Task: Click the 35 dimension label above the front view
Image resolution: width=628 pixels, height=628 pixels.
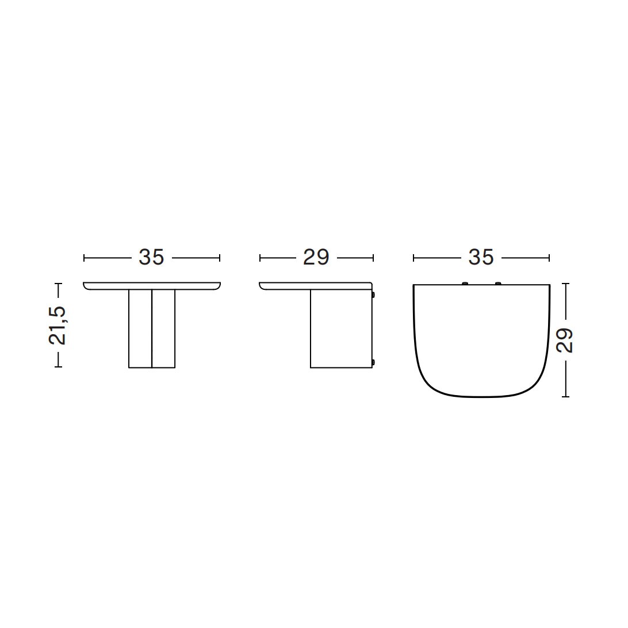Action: point(151,258)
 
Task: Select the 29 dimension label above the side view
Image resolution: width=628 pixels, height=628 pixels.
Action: point(316,258)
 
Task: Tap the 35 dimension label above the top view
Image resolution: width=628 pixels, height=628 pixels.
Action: point(481,258)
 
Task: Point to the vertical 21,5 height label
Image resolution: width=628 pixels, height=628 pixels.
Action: point(58,325)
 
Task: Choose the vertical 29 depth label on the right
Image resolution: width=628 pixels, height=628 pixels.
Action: point(565,340)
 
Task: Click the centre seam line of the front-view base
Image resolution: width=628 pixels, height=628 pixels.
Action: point(152,328)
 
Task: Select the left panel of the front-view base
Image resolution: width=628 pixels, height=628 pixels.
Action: point(140,328)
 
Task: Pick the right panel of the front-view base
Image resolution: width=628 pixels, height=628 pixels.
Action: point(163,328)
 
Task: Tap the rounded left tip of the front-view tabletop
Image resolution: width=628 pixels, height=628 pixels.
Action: point(87,286)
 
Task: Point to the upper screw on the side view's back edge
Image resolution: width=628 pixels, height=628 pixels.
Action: point(374,294)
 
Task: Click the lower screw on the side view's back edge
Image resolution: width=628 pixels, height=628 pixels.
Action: point(374,362)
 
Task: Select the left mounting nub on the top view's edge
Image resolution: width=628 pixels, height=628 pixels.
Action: point(465,283)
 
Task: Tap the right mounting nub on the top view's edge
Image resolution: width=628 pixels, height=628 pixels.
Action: point(497,283)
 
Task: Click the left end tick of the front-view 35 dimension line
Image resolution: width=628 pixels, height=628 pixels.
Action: point(84,258)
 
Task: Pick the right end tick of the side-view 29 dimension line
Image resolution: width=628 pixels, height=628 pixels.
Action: point(373,258)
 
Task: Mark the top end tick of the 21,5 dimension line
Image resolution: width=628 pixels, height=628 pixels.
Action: point(58,284)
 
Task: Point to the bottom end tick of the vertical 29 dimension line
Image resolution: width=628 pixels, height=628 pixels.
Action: point(566,396)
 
